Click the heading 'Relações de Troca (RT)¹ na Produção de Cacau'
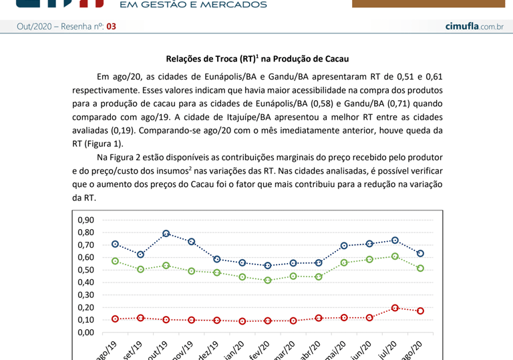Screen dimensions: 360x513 (x=257, y=59)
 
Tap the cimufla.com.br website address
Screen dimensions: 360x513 (x=474, y=26)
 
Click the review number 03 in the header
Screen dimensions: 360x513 (x=111, y=27)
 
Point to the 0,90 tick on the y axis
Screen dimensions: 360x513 (x=86, y=220)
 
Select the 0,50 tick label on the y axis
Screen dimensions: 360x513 (x=86, y=270)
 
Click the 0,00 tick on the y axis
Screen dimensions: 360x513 (x=86, y=332)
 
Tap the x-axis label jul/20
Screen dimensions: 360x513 (x=389, y=351)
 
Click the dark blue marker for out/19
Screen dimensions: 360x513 (x=166, y=234)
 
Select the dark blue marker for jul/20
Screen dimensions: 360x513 (x=395, y=240)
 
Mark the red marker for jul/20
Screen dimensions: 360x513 (x=395, y=308)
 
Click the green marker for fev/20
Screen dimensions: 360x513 (x=268, y=281)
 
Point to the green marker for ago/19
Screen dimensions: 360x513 (x=115, y=261)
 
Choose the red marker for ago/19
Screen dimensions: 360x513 (x=115, y=319)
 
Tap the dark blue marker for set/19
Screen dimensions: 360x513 (x=140, y=254)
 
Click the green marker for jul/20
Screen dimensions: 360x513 (x=395, y=256)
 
